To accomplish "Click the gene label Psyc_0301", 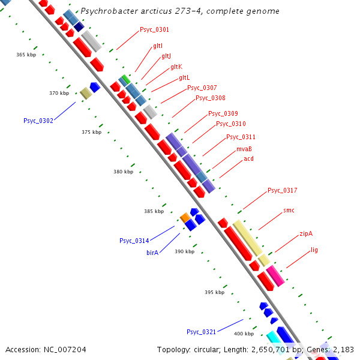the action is (154, 29).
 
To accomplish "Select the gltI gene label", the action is (158, 46).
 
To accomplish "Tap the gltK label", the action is (176, 67).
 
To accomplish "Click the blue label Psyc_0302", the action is (38, 121).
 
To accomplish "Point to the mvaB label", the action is (244, 149).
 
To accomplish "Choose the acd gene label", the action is (248, 159).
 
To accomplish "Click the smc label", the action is (289, 211).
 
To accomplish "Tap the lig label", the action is (314, 249).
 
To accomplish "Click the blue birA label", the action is (152, 253).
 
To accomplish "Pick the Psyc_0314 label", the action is (134, 241).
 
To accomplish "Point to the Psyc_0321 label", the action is (201, 332).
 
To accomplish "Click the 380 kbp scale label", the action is (123, 172).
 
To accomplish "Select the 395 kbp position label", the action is (214, 292).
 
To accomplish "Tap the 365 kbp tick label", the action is (26, 55).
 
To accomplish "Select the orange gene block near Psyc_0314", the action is (185, 217).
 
